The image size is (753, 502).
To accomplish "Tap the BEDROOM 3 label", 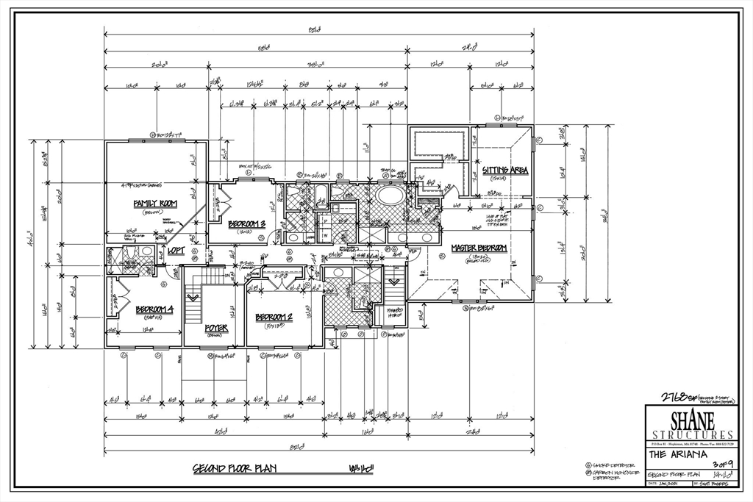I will (x=246, y=223).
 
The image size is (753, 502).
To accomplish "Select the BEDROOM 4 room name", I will (x=154, y=309).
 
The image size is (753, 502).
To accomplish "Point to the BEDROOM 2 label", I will (x=274, y=318).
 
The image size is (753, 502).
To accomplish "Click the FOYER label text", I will (x=216, y=328).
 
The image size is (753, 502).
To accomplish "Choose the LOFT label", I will (x=176, y=250).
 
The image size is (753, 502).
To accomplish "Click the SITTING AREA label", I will (x=505, y=171).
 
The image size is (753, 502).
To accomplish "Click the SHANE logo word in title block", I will (x=690, y=420).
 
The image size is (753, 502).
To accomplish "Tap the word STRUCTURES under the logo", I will (x=690, y=434).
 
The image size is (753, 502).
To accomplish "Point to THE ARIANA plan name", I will (x=678, y=454).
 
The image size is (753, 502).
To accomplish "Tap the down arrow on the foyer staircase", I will (x=194, y=298).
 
